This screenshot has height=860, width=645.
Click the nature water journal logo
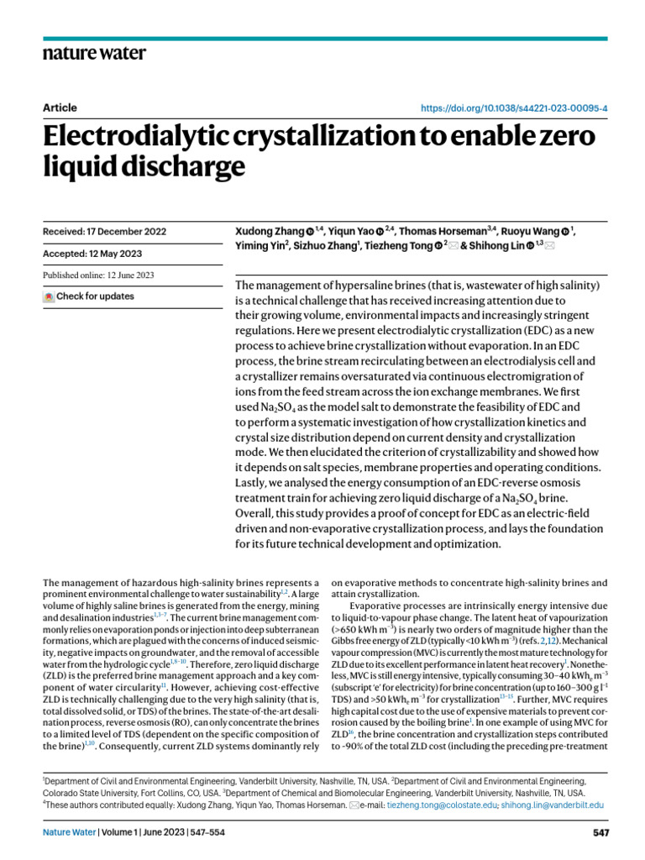tap(93, 53)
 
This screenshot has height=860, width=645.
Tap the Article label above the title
tap(59, 107)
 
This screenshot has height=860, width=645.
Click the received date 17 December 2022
tap(103, 231)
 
